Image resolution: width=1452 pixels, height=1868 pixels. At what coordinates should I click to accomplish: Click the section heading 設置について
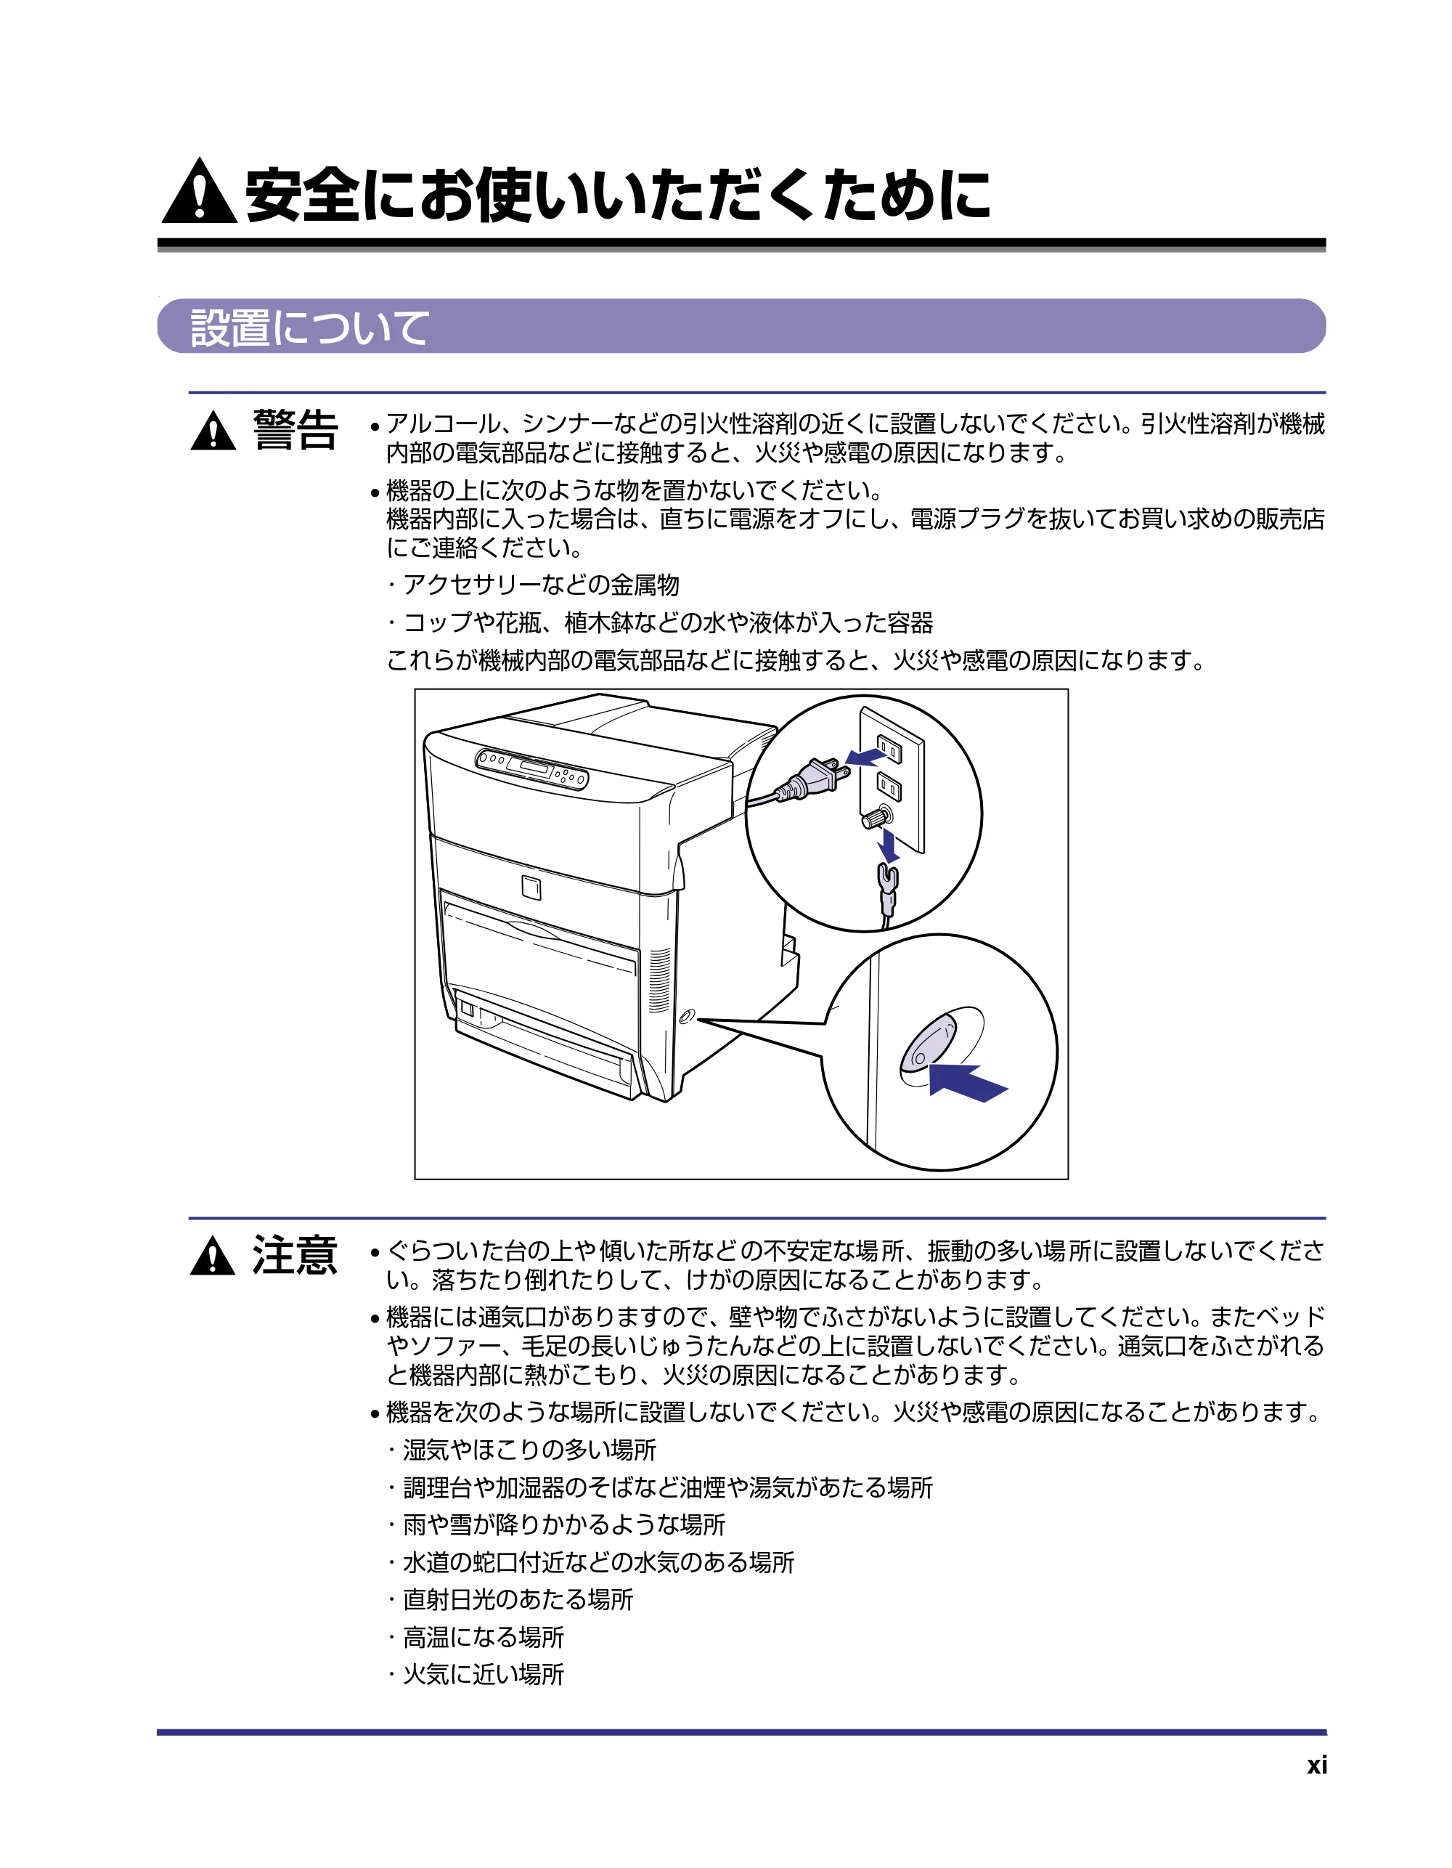(309, 328)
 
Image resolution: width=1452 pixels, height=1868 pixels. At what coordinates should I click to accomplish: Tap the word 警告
(295, 429)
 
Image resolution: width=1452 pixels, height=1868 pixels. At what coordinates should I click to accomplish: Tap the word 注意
(295, 1256)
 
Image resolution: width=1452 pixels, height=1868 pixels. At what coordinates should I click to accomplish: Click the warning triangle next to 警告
(213, 430)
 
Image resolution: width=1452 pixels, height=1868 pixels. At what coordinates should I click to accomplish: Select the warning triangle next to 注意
(213, 1256)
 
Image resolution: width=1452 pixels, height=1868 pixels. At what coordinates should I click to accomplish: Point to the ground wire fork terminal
(888, 881)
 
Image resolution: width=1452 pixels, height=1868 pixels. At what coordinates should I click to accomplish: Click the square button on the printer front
(531, 888)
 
